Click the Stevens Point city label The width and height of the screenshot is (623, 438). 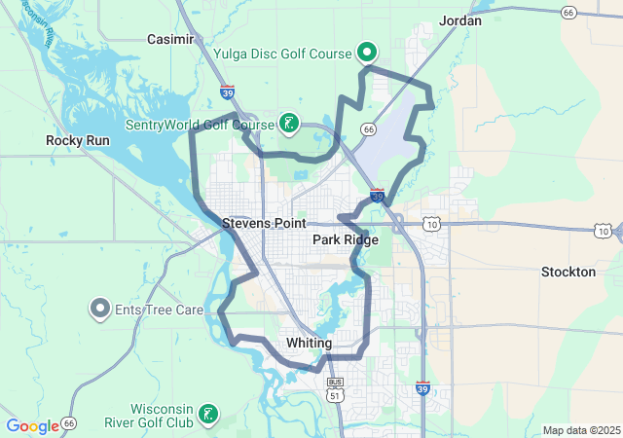[x=264, y=223]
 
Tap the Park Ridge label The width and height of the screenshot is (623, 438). [x=346, y=238]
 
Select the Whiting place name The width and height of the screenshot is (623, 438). [x=310, y=344]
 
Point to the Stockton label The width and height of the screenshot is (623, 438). [x=568, y=272]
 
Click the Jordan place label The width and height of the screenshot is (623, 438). [x=460, y=19]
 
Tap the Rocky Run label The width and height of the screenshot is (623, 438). [x=78, y=140]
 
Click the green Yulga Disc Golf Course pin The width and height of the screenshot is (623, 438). [x=367, y=52]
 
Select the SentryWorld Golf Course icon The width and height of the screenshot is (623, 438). [x=288, y=123]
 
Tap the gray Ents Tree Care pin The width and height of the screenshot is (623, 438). [x=100, y=310]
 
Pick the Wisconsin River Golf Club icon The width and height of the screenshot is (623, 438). [x=207, y=415]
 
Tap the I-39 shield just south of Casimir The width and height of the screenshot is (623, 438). [x=227, y=93]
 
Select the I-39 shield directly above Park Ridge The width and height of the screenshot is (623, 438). [x=378, y=196]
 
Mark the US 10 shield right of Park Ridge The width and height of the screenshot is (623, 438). [x=431, y=225]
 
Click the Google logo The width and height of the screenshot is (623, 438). [x=32, y=426]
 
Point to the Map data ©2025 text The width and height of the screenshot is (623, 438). [x=580, y=430]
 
